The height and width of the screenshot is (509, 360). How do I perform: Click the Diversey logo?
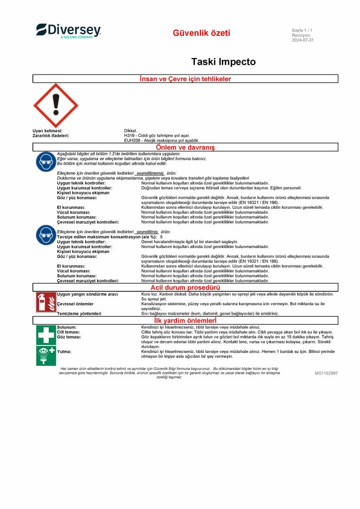(x=68, y=30)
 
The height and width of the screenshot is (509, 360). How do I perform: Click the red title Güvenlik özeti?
(x=201, y=33)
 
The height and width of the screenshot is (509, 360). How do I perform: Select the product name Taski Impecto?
(x=223, y=62)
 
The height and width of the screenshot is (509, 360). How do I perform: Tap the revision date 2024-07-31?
(x=303, y=40)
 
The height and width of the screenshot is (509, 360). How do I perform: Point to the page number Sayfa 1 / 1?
(x=302, y=31)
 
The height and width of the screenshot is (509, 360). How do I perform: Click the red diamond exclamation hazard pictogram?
(x=55, y=105)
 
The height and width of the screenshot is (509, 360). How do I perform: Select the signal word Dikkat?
(x=131, y=131)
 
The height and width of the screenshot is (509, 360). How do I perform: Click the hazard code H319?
(x=130, y=135)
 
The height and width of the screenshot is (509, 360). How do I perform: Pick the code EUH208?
(x=133, y=141)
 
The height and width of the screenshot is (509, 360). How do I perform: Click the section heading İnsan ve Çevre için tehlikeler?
(x=185, y=79)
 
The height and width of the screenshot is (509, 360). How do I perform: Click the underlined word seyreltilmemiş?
(x=150, y=173)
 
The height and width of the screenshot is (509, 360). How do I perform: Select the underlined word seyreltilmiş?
(x=147, y=232)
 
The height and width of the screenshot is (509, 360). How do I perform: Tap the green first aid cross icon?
(x=46, y=335)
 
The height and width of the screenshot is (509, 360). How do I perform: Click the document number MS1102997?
(x=326, y=372)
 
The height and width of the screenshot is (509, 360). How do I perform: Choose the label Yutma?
(x=64, y=351)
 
